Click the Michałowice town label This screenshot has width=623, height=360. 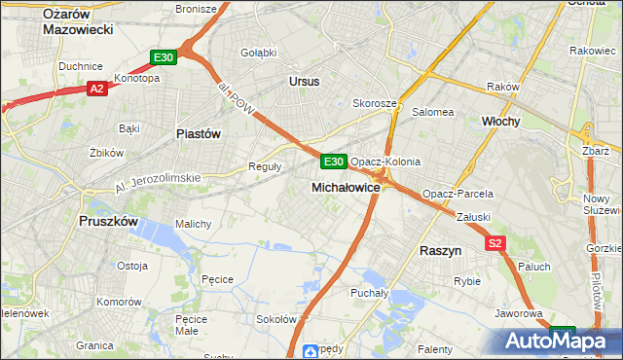coord(346,186)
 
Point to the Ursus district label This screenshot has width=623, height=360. coord(304,82)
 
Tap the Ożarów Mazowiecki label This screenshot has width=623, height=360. coord(79,20)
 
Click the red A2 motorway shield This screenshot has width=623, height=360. coord(96,89)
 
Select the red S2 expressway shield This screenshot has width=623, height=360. coord(496,243)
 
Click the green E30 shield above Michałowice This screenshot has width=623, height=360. coord(333,161)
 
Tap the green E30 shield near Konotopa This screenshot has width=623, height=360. coord(163,58)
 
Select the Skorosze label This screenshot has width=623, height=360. coord(375,103)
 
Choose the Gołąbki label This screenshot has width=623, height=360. coord(259,52)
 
